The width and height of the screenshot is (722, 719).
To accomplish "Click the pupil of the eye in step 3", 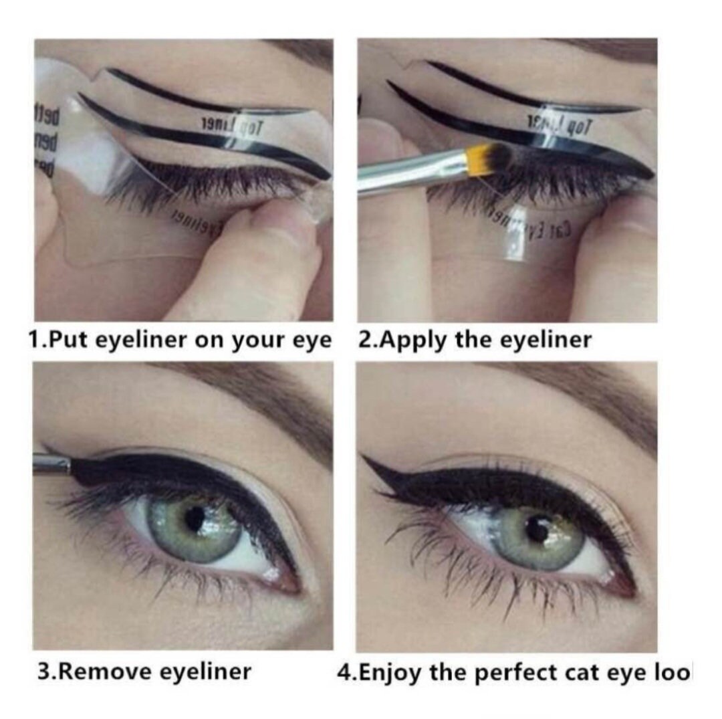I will click(x=195, y=518).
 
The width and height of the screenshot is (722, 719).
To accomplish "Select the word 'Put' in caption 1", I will click(x=70, y=340).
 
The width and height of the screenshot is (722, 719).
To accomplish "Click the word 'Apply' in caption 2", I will click(x=412, y=340).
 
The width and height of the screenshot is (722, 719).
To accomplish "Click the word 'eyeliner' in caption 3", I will click(x=204, y=671).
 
